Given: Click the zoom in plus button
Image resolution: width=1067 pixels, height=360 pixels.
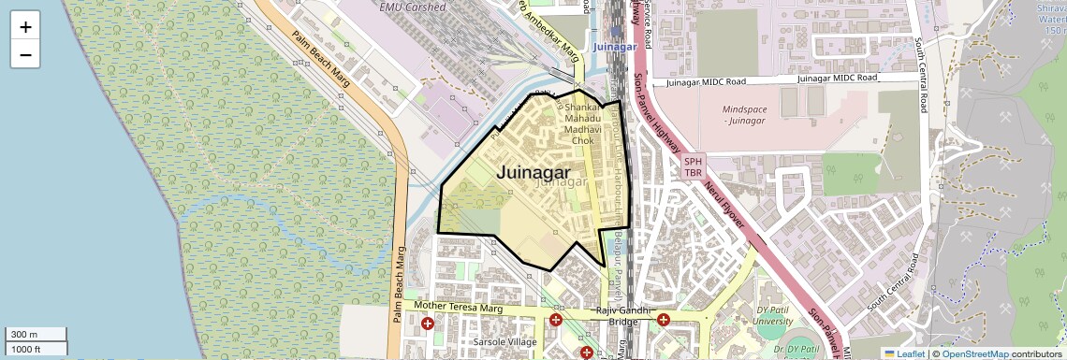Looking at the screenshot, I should pyautogui.click(x=25, y=26).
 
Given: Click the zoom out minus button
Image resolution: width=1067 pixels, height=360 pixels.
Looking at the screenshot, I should pyautogui.click(x=25, y=54).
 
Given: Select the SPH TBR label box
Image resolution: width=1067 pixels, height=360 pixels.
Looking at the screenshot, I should pyautogui.click(x=694, y=166).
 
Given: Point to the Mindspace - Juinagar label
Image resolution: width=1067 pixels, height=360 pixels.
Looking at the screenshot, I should pyautogui.click(x=745, y=114).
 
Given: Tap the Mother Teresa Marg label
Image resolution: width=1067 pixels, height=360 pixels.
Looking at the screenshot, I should pyautogui.click(x=459, y=307).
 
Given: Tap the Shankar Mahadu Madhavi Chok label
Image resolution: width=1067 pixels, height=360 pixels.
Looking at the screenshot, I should pyautogui.click(x=582, y=123).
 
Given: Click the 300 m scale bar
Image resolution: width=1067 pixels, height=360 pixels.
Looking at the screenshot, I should pyautogui.click(x=35, y=335).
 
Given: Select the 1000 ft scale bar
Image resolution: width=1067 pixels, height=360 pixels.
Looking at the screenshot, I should pyautogui.click(x=35, y=349).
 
